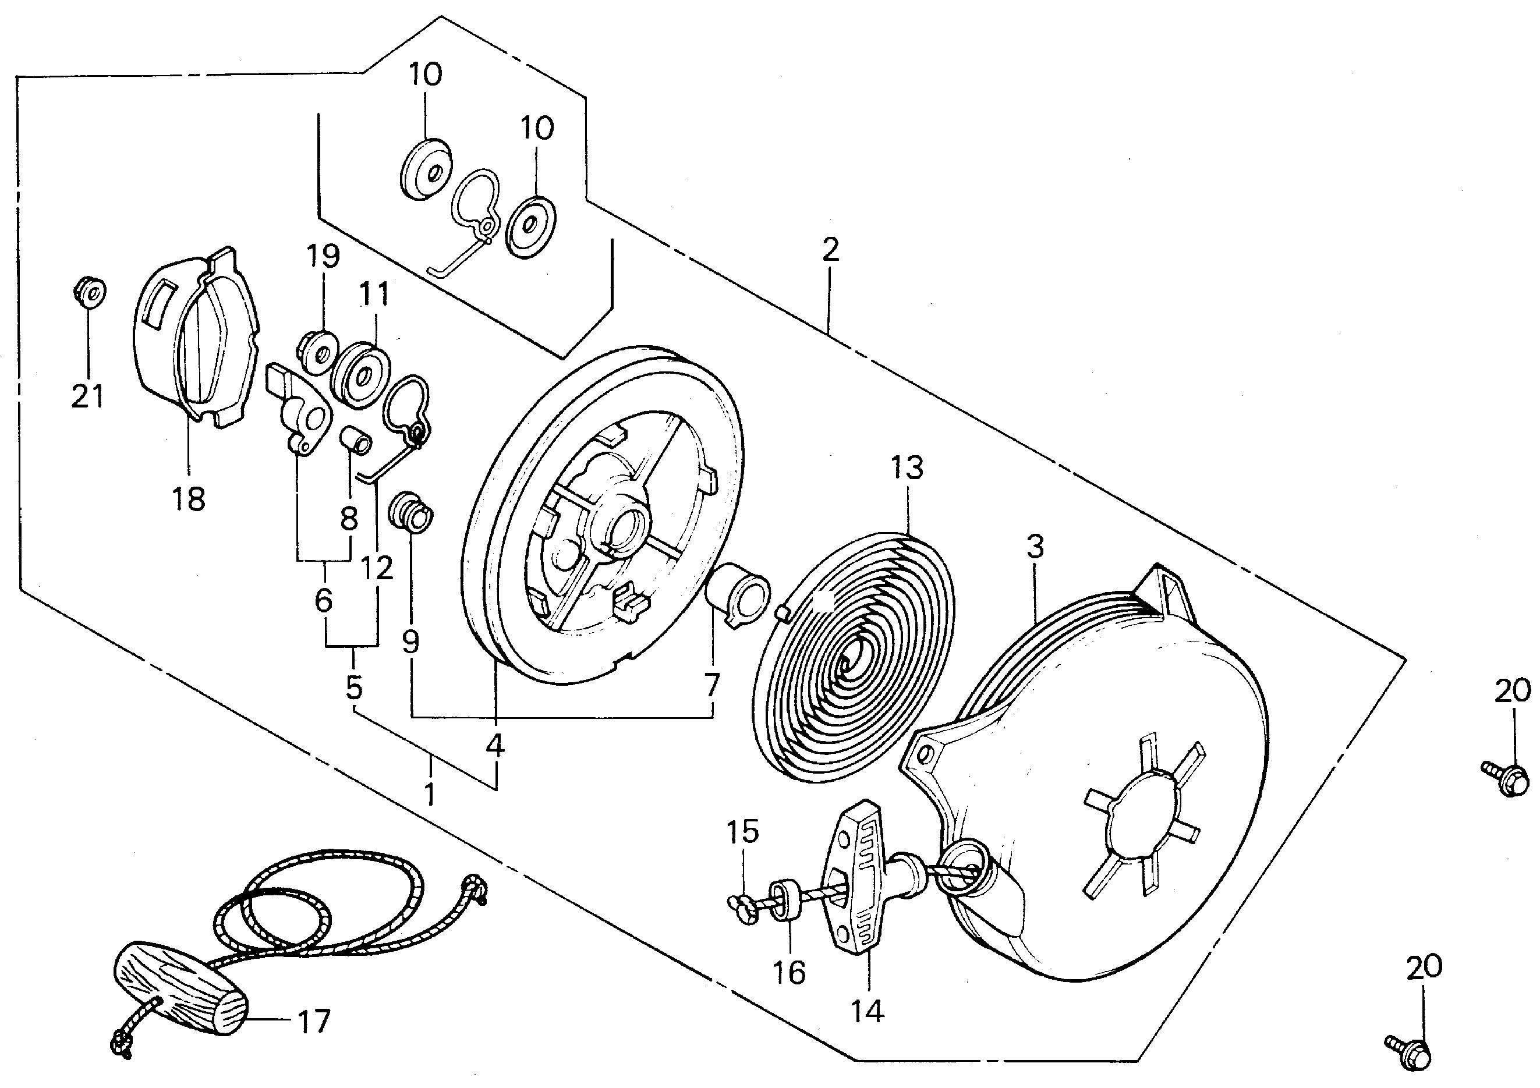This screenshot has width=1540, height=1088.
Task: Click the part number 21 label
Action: [x=88, y=396]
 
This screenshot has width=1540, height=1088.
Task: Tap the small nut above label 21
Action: [x=89, y=292]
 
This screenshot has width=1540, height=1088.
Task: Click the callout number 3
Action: [x=1035, y=547]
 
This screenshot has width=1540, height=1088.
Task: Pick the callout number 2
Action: [x=830, y=250]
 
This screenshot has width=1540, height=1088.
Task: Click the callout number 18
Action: [x=189, y=499]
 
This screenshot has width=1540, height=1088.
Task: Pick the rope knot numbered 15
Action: [x=742, y=909]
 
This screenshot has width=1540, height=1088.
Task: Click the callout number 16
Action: [x=788, y=972]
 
